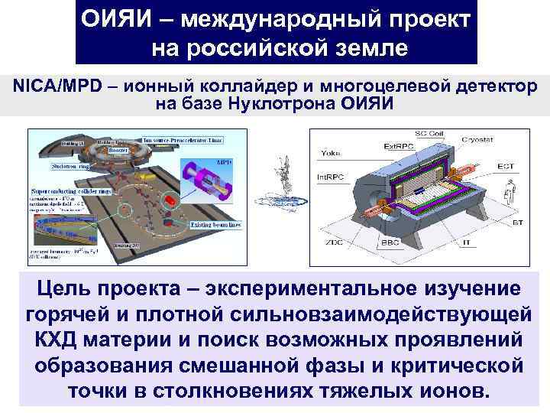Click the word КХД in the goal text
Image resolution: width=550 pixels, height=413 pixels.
61,340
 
